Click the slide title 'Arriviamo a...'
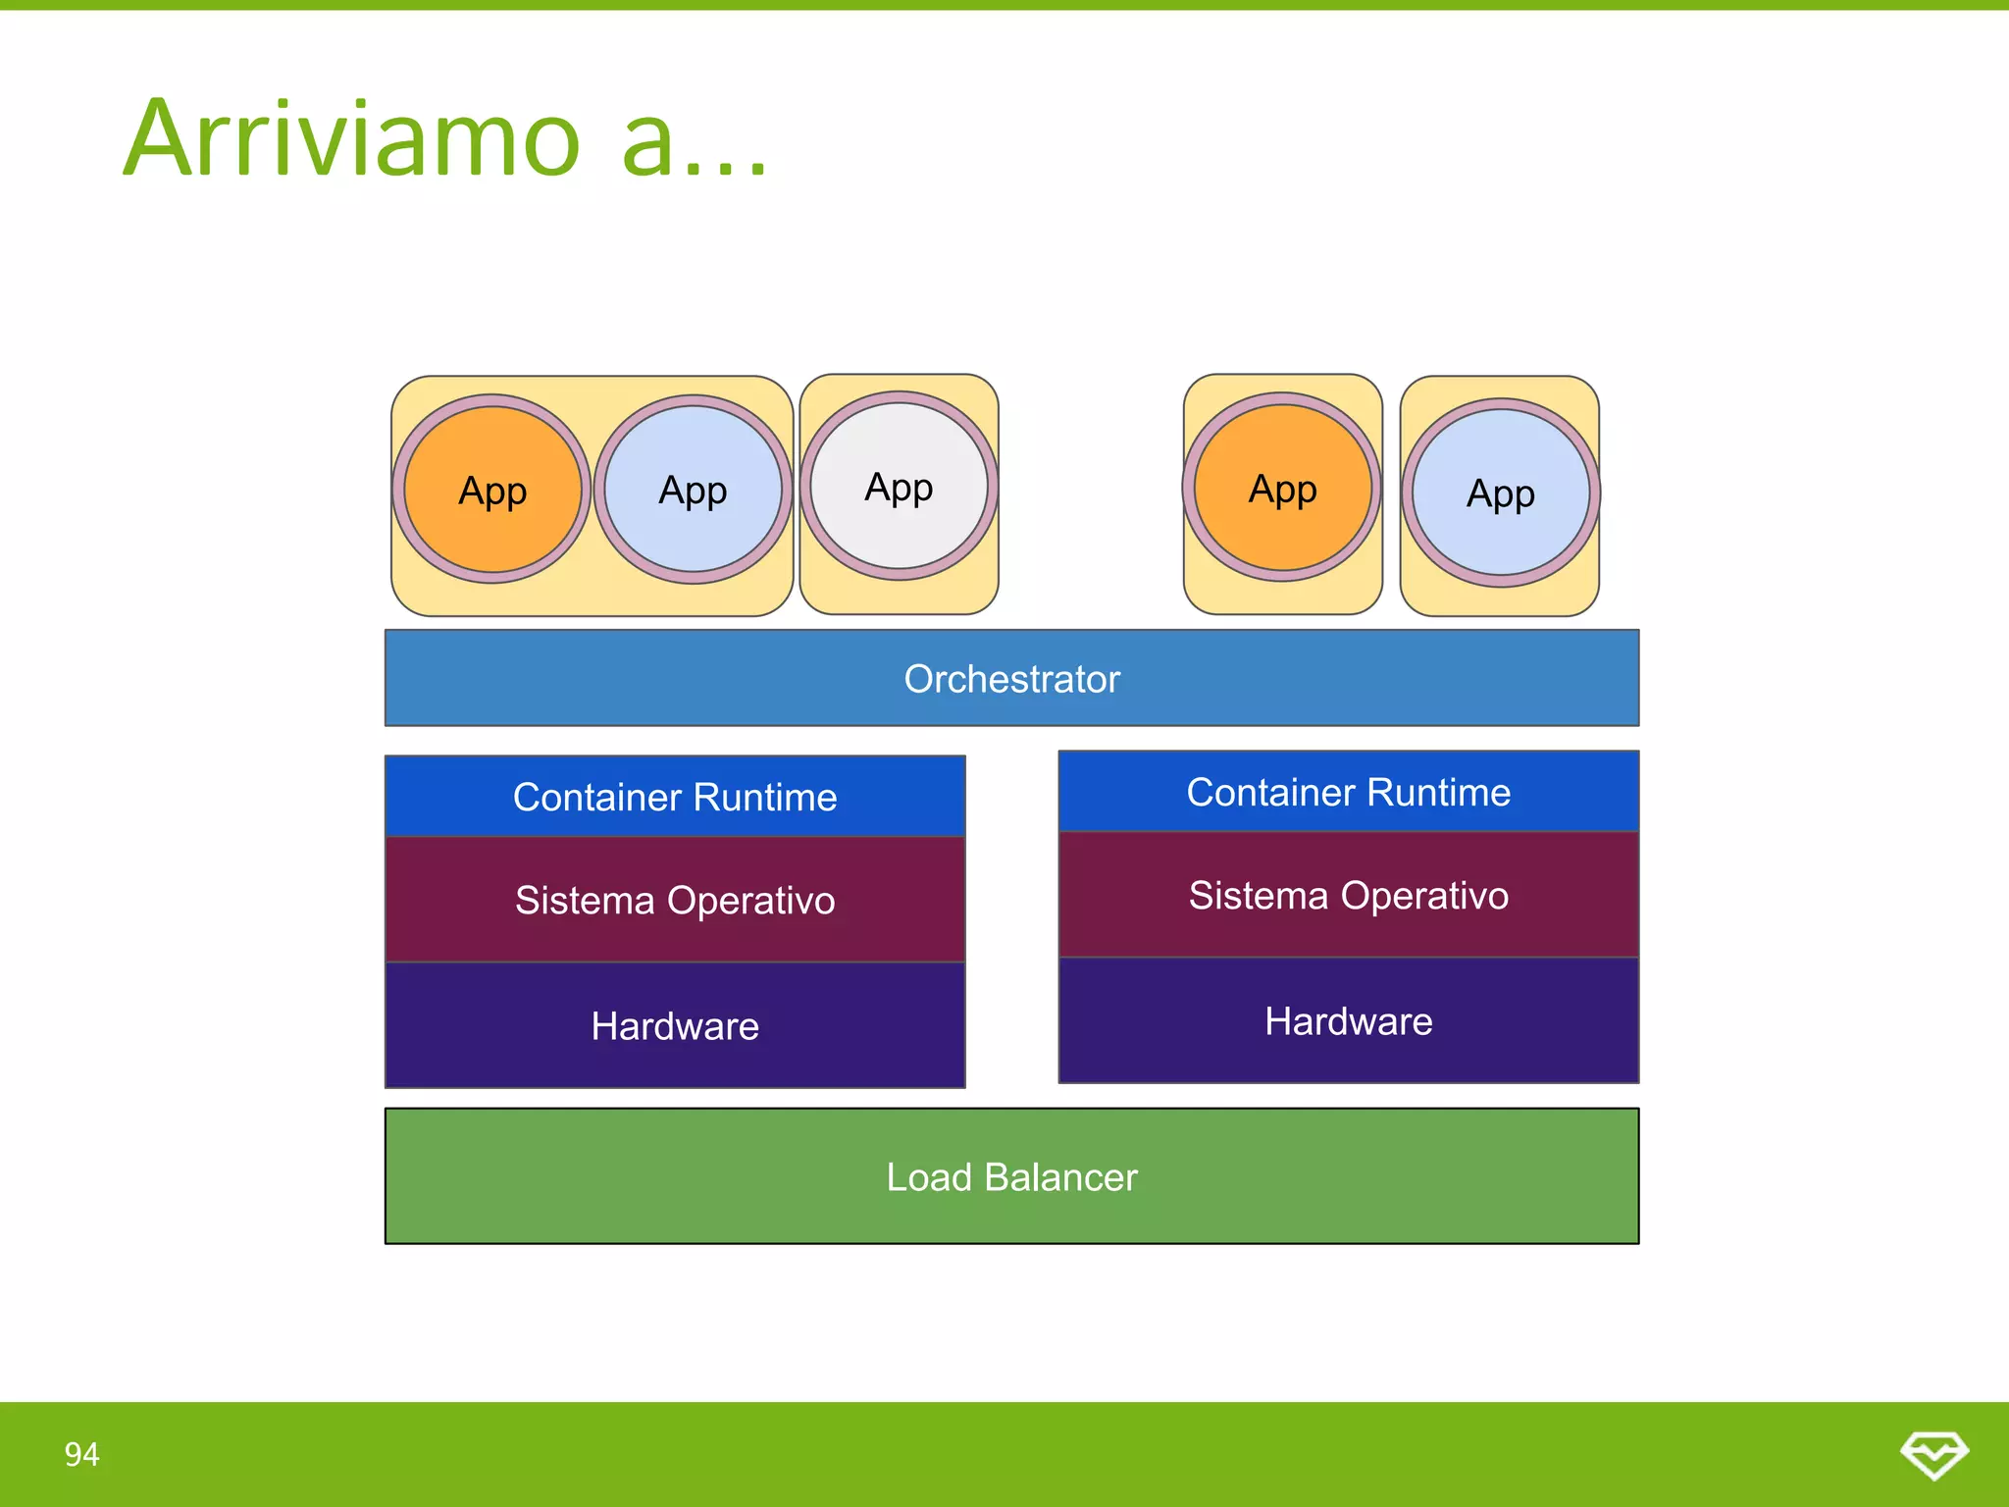point(446,139)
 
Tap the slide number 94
point(81,1454)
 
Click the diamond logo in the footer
point(1933,1454)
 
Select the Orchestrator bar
point(1011,679)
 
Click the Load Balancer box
point(1011,1176)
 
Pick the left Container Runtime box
point(675,797)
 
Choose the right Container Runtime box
point(1348,792)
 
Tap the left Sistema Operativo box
point(675,900)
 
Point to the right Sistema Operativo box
point(1348,895)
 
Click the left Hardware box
point(675,1025)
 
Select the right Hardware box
point(1348,1020)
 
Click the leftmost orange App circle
point(492,490)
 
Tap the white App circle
point(899,487)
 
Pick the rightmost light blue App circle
point(1500,493)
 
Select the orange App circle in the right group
point(1282,488)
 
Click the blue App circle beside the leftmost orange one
point(693,490)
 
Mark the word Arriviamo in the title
point(353,139)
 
